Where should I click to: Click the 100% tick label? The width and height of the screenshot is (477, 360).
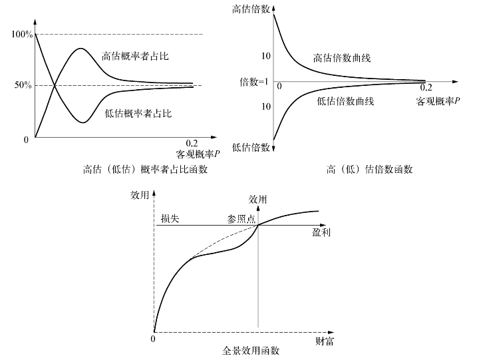click(x=22, y=34)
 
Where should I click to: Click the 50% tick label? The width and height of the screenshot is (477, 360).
click(x=24, y=85)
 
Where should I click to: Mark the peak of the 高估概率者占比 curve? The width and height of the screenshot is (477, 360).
click(x=80, y=49)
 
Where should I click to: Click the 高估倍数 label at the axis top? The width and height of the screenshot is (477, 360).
click(x=251, y=9)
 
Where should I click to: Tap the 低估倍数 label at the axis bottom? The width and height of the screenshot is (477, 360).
click(x=251, y=147)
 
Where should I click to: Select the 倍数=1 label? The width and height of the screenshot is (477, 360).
click(x=253, y=82)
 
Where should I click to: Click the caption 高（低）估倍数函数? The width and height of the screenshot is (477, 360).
click(x=370, y=169)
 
